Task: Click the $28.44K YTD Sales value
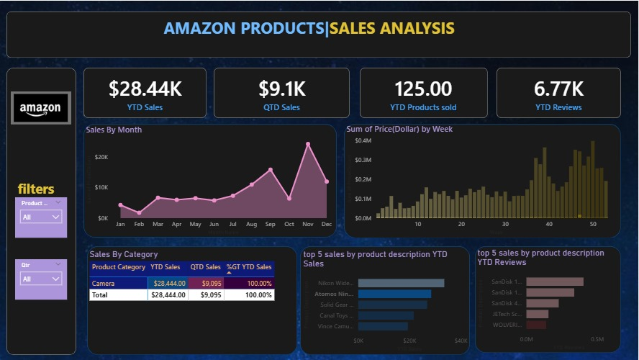tap(145, 89)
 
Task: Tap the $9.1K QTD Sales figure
tap(282, 89)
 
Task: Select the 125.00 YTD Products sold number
tap(423, 89)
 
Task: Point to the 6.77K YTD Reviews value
tap(558, 89)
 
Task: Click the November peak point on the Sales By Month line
tap(308, 144)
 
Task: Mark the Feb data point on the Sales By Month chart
tap(139, 212)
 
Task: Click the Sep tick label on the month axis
tap(270, 225)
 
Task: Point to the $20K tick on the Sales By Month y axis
tap(101, 157)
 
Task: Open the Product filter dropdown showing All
tap(41, 217)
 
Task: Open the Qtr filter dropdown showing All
tap(41, 279)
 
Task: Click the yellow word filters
tap(36, 189)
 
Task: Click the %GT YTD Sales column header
tap(249, 267)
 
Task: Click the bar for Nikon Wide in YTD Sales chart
tap(401, 283)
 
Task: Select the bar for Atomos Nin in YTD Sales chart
tap(394, 294)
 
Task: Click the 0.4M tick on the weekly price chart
tap(363, 141)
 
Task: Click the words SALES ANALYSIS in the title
tap(392, 28)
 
